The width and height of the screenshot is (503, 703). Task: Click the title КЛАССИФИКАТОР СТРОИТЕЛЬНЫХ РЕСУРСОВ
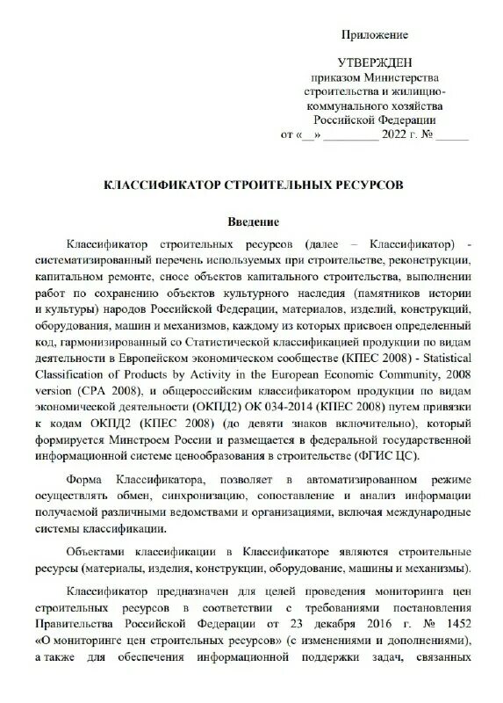tap(255, 186)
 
